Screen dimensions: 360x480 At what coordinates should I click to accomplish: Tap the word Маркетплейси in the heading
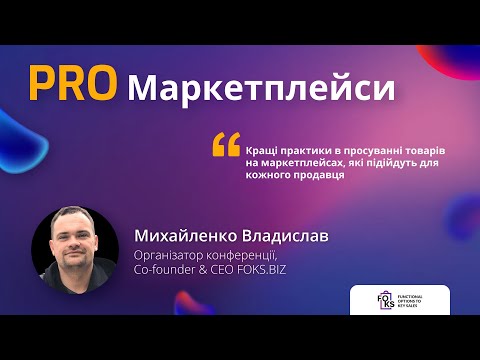click(x=262, y=88)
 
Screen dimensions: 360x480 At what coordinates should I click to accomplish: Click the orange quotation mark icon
click(x=226, y=145)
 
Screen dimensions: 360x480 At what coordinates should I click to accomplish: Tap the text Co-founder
click(x=161, y=269)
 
